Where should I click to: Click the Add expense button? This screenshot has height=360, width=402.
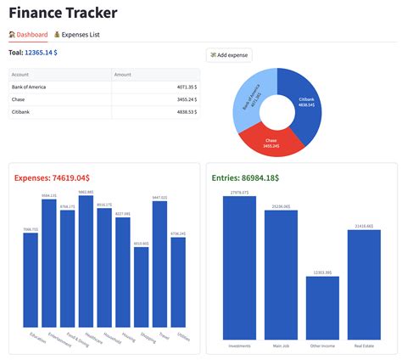click(x=229, y=55)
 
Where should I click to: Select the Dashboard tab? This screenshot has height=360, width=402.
click(x=28, y=35)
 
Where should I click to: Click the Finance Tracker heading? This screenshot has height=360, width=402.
click(x=63, y=13)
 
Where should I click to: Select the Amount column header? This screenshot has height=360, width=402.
click(x=123, y=75)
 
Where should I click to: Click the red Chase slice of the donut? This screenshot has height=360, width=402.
click(x=271, y=142)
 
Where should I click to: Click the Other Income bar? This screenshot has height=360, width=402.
click(x=322, y=307)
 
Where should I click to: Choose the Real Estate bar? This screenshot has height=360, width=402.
click(x=364, y=284)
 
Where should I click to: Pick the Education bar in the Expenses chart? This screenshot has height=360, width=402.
click(x=31, y=279)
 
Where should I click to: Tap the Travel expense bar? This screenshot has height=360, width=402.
click(x=159, y=263)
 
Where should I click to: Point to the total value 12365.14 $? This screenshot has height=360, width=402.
click(x=41, y=53)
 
